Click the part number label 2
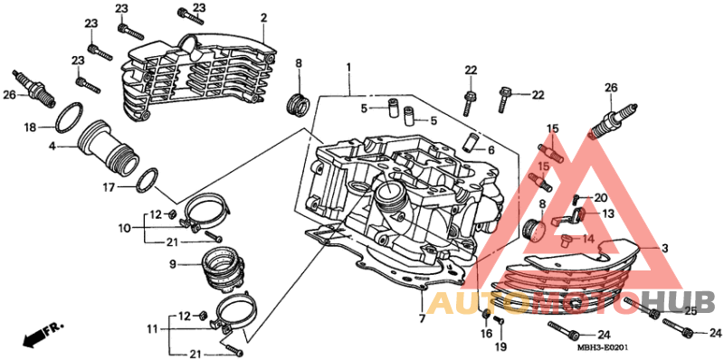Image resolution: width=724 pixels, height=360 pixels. coord(263,18)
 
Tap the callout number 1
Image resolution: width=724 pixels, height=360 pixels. coord(348,68)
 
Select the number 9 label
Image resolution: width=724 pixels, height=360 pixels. coord(172,264)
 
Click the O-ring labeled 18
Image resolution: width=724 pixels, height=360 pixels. coord(70,117)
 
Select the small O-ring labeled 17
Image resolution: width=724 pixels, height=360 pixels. coord(148,179)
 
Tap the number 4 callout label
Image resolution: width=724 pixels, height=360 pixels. coord(52,147)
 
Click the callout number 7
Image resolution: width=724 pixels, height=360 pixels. coord(422,317)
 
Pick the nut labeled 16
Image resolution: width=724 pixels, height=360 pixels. coord(485,315)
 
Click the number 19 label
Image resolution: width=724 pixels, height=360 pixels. coord(501,346)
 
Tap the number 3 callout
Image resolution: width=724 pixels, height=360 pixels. coord(664,249)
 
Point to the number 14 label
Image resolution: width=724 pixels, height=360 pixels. coord(587,239)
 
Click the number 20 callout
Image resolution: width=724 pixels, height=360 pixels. coord(600,197)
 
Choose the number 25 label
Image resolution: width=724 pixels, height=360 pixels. coord(690,311)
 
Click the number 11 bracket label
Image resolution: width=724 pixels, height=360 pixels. coord(152,329)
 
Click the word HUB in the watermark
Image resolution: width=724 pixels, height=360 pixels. coord(679,303)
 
